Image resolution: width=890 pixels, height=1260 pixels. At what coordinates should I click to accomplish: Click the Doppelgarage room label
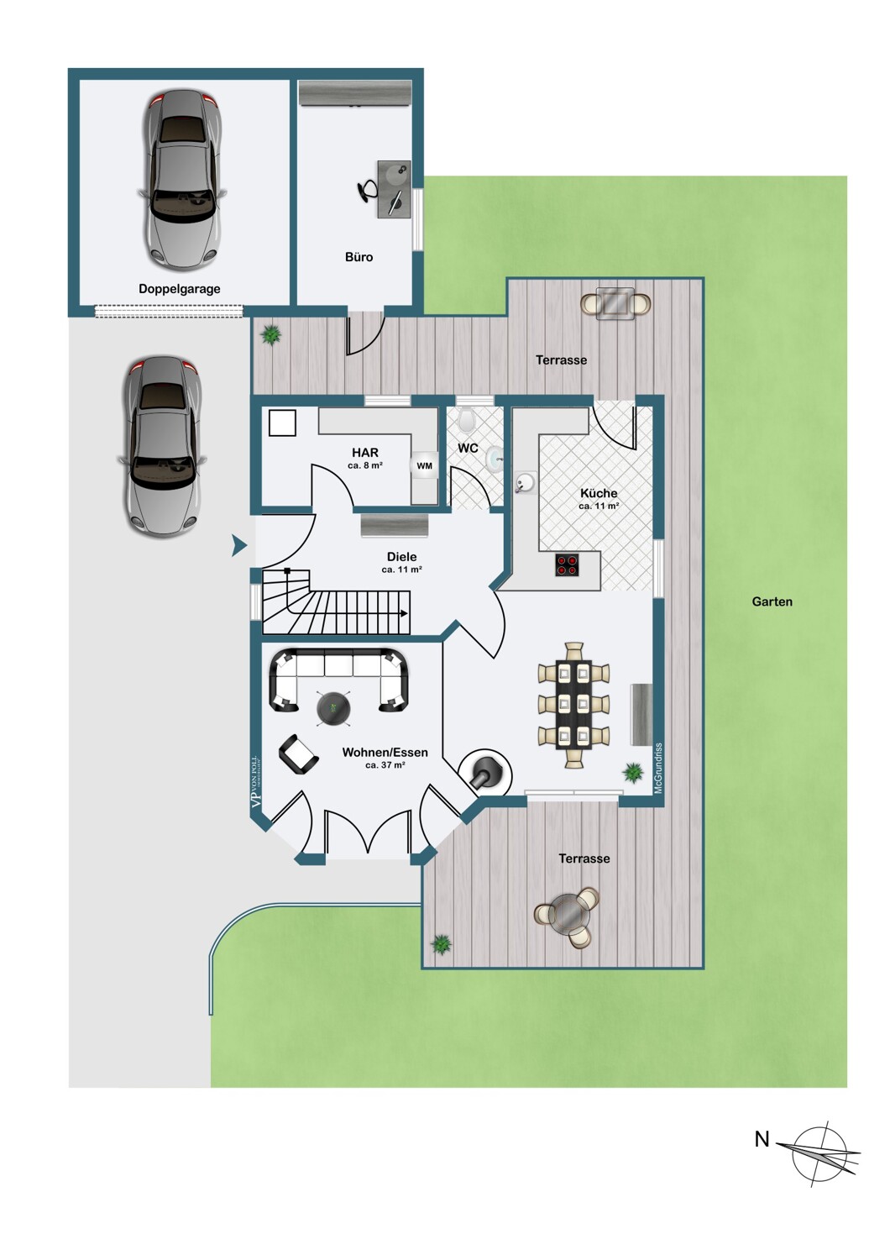click(180, 289)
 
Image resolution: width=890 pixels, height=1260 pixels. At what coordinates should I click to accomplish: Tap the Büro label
click(359, 257)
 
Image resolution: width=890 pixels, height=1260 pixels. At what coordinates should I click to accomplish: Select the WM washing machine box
click(425, 465)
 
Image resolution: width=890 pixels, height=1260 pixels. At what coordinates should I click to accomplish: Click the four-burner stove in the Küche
click(568, 565)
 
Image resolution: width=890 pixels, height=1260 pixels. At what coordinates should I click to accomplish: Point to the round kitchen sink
click(525, 483)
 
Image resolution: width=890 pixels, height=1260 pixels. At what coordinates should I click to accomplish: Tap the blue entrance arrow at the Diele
click(239, 545)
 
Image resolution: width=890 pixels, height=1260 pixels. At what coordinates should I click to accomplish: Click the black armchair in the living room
click(299, 753)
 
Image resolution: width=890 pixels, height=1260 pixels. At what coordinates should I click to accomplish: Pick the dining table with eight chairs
click(573, 704)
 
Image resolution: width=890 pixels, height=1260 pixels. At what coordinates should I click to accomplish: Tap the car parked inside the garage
click(182, 180)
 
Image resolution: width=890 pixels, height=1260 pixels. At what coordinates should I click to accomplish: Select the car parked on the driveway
click(162, 447)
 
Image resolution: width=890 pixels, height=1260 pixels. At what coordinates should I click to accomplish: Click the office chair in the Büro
click(369, 190)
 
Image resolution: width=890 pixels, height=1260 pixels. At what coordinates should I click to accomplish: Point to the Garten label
click(772, 602)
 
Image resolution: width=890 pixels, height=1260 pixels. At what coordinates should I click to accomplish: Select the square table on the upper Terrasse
click(615, 303)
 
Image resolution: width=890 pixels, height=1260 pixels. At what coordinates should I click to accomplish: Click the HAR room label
click(365, 453)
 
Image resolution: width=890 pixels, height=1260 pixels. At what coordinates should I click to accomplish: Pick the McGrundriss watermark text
click(658, 769)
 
